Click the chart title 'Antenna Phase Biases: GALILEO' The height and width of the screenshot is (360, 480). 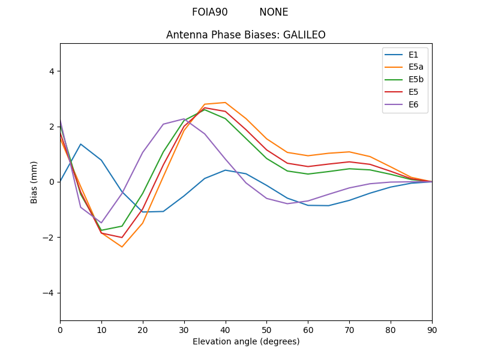pos(246,35)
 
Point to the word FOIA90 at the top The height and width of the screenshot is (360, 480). pos(210,12)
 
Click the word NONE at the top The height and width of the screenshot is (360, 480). pos(274,12)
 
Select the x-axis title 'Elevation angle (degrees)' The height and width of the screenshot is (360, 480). pos(246,341)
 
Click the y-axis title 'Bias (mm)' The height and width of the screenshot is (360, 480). pos(34,182)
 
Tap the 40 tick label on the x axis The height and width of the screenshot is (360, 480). pos(225,329)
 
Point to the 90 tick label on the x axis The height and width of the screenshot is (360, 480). pos(432,329)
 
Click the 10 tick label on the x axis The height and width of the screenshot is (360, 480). pos(101,329)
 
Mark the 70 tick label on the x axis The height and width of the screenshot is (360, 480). pos(349,329)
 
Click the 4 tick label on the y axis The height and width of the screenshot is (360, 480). pos(52,71)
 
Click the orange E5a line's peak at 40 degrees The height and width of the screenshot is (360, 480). pos(225,103)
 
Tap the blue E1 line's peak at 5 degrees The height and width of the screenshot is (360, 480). pos(80,144)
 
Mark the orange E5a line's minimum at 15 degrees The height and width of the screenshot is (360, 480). pos(122,247)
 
